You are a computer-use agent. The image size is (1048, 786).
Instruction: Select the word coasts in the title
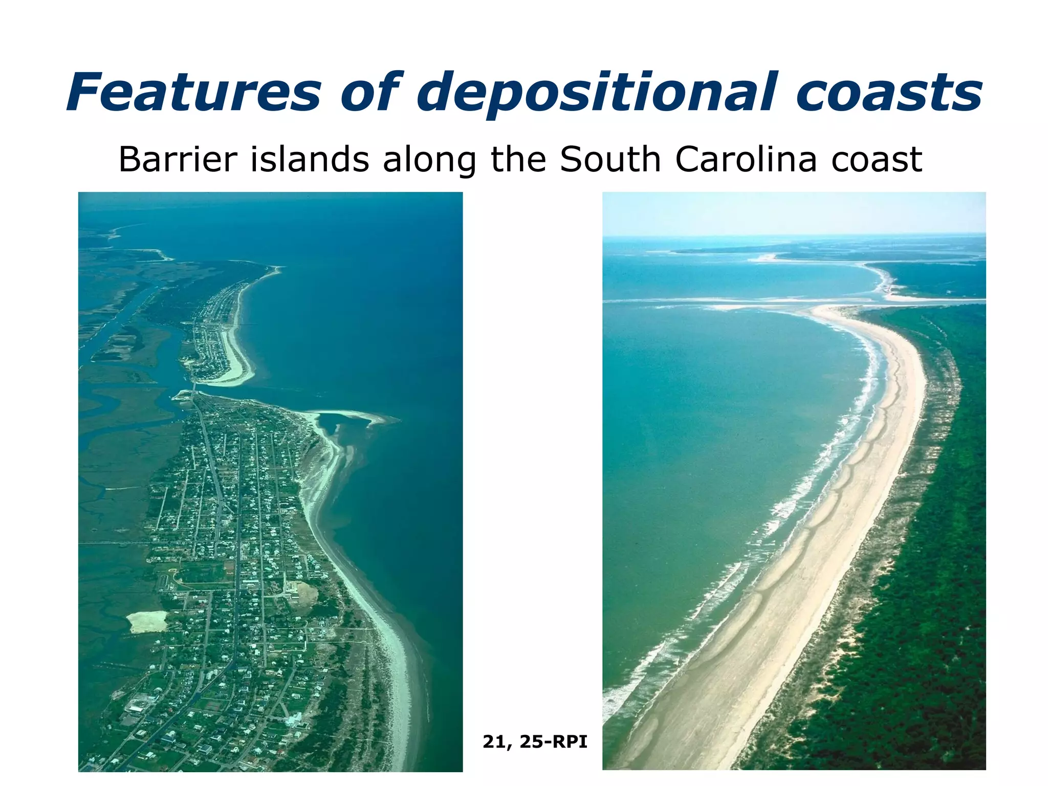(888, 93)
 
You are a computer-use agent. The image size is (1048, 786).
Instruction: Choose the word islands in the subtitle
(310, 159)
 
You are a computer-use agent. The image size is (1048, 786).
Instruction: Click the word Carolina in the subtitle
(746, 159)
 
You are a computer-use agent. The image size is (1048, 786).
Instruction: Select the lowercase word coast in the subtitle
(877, 160)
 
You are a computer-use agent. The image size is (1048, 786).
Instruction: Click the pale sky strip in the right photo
(793, 212)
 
